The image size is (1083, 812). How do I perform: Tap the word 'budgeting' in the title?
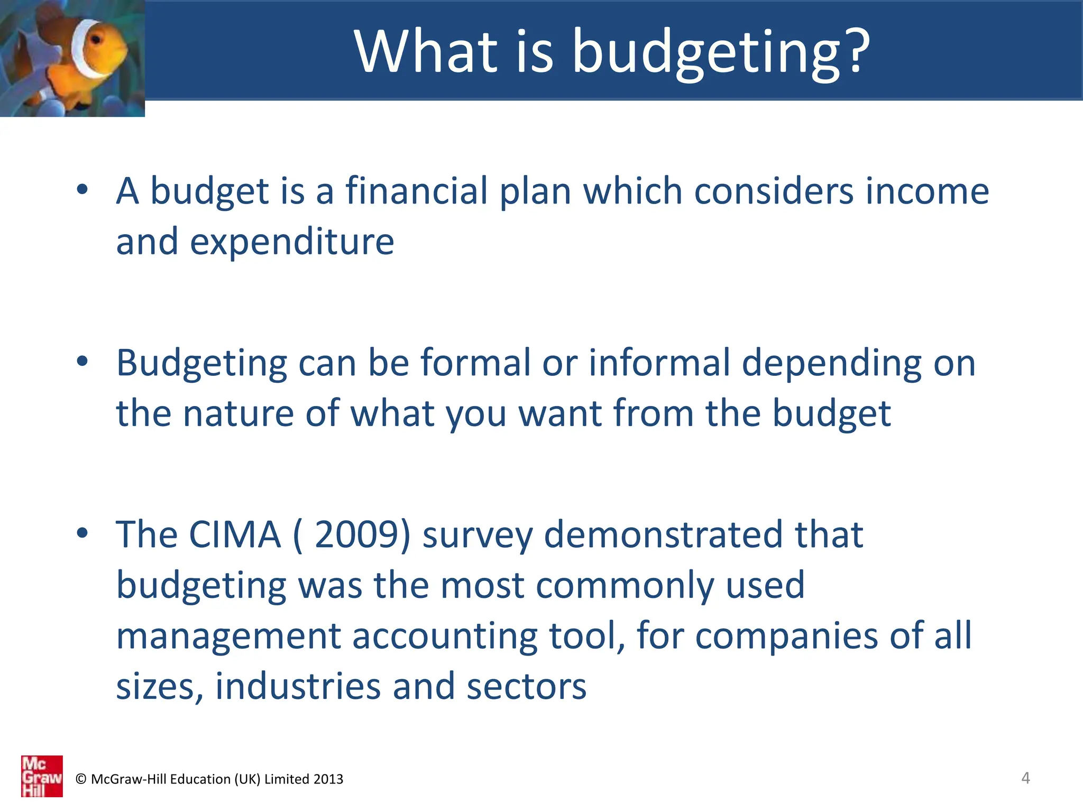point(705,53)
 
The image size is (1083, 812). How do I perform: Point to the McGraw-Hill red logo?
point(42,776)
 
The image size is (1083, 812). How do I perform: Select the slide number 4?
point(1025,778)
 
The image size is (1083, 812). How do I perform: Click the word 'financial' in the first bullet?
point(417,191)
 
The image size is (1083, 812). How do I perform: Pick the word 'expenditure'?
point(292,242)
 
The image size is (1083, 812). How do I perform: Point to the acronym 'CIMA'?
point(235,534)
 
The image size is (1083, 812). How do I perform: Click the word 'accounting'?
point(445,636)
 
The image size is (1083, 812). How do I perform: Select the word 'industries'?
point(298,686)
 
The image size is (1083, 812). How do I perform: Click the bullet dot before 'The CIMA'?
point(82,533)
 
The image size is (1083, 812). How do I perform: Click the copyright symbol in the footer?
point(81,779)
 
